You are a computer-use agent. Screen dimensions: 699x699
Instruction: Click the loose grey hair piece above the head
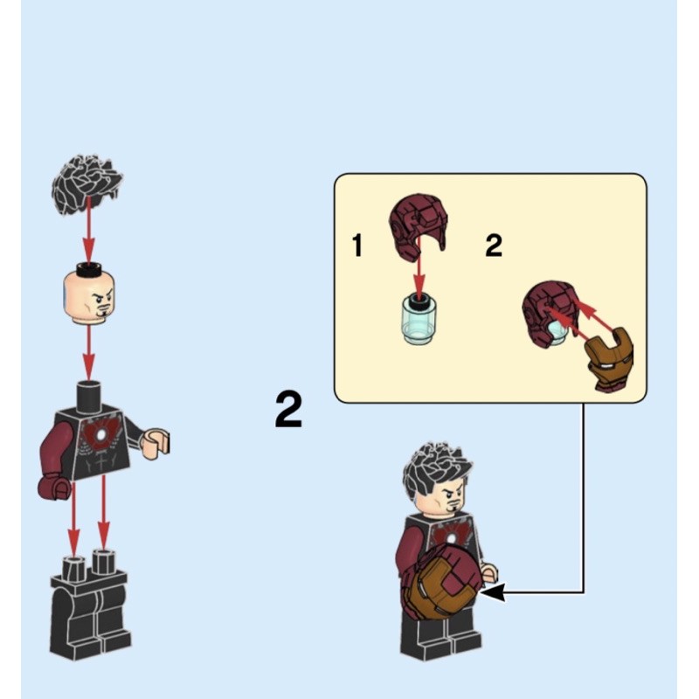[x=87, y=184]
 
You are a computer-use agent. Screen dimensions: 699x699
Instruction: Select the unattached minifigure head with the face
[x=89, y=294]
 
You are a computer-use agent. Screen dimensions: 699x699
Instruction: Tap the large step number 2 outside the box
[x=288, y=409]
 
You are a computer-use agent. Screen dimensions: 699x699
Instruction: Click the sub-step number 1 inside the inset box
[x=357, y=246]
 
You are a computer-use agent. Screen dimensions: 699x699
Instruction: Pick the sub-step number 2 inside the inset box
[x=494, y=246]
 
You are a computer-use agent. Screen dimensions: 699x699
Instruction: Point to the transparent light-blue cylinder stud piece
[x=420, y=319]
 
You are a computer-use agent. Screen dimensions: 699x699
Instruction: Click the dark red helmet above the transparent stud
[x=419, y=226]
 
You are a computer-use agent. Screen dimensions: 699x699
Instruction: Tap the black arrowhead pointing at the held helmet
[x=493, y=593]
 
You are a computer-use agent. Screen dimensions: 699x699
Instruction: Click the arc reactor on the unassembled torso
[x=101, y=433]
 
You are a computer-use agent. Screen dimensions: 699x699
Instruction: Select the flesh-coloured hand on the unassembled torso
[x=155, y=443]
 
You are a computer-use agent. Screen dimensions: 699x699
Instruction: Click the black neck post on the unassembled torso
[x=89, y=396]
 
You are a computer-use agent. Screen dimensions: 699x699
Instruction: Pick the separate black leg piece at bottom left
[x=90, y=604]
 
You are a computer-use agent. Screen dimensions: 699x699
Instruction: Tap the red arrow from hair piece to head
[x=89, y=230]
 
